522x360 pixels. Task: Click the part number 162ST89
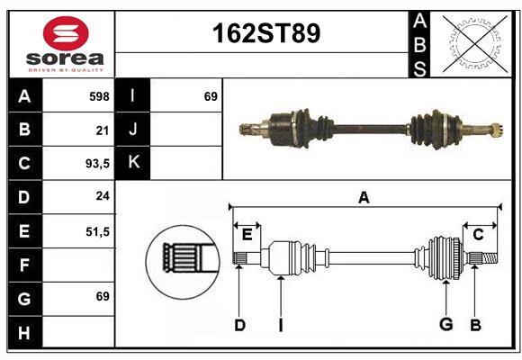pyautogui.click(x=266, y=33)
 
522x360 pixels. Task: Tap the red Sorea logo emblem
pyautogui.click(x=66, y=33)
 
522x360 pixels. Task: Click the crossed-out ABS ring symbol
pyautogui.click(x=475, y=43)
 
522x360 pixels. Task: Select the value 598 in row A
pyautogui.click(x=99, y=96)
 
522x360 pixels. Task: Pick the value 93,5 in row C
pyautogui.click(x=97, y=164)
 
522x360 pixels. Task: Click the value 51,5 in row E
pyautogui.click(x=97, y=231)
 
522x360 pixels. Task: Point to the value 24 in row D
pyautogui.click(x=103, y=196)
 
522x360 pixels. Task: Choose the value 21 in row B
pyautogui.click(x=103, y=130)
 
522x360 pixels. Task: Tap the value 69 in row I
pyautogui.click(x=211, y=96)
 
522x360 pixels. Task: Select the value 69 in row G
pyautogui.click(x=103, y=296)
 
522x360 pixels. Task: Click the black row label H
pyautogui.click(x=25, y=332)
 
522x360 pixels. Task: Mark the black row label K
pyautogui.click(x=133, y=163)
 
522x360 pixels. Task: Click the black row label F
pyautogui.click(x=25, y=265)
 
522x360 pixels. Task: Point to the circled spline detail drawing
pyautogui.click(x=183, y=262)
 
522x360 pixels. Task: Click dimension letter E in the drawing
pyautogui.click(x=247, y=235)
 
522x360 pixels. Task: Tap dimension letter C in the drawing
pyautogui.click(x=478, y=235)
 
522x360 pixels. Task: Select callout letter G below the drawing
pyautogui.click(x=446, y=324)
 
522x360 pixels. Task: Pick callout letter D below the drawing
pyautogui.click(x=240, y=325)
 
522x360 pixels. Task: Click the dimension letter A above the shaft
pyautogui.click(x=364, y=197)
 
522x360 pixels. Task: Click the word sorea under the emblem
pyautogui.click(x=65, y=58)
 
